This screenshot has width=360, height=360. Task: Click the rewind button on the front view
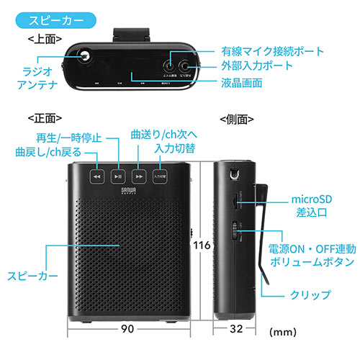96,176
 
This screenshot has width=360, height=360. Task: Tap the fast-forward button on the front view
140,176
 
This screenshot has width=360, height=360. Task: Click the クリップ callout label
312,294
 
